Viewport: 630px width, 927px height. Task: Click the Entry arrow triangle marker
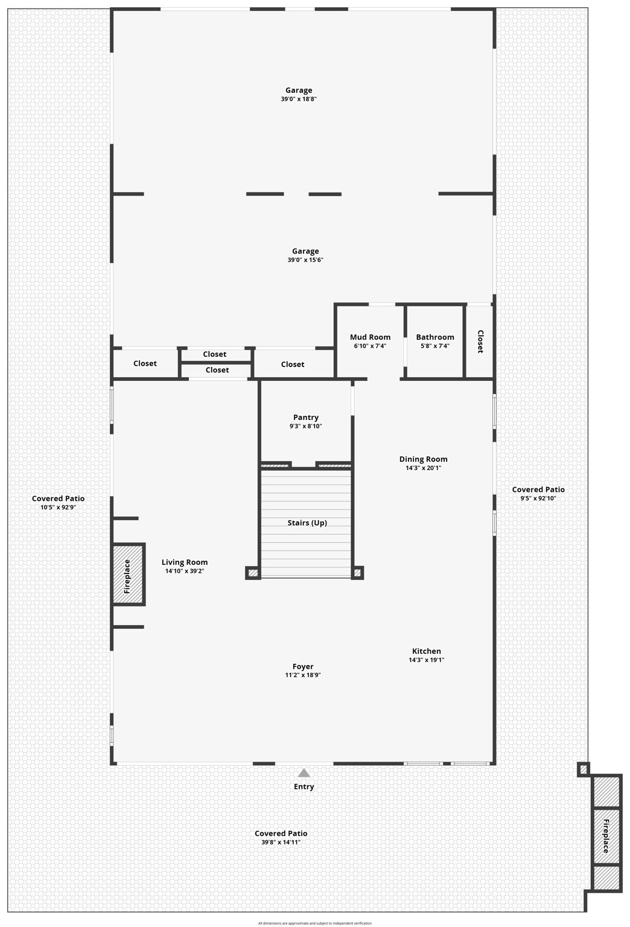(304, 773)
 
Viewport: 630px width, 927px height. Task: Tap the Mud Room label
(370, 337)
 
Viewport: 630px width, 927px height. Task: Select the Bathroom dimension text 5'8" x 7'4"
(434, 346)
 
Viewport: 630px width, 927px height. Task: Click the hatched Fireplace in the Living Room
(128, 575)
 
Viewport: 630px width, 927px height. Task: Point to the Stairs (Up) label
(307, 523)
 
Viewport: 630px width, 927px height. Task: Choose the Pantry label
(306, 417)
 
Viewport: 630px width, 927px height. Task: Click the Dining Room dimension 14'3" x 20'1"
(423, 468)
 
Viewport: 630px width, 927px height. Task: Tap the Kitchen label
(426, 651)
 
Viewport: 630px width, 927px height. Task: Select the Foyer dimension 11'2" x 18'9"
(303, 675)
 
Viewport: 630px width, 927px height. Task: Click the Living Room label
(185, 562)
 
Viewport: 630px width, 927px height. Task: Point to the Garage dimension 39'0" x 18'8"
(299, 99)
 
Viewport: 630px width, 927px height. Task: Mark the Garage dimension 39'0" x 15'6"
(305, 260)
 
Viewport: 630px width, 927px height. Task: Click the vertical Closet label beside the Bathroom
(480, 342)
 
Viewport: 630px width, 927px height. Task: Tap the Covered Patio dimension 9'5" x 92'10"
(538, 499)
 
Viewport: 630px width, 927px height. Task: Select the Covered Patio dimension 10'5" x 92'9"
(58, 508)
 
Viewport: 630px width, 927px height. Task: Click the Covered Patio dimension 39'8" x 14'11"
(281, 843)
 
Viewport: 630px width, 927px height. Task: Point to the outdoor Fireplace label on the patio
(606, 836)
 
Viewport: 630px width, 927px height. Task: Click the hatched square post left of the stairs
(253, 573)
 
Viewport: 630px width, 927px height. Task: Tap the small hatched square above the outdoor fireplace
(583, 769)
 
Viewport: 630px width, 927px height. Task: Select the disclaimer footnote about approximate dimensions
(315, 923)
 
